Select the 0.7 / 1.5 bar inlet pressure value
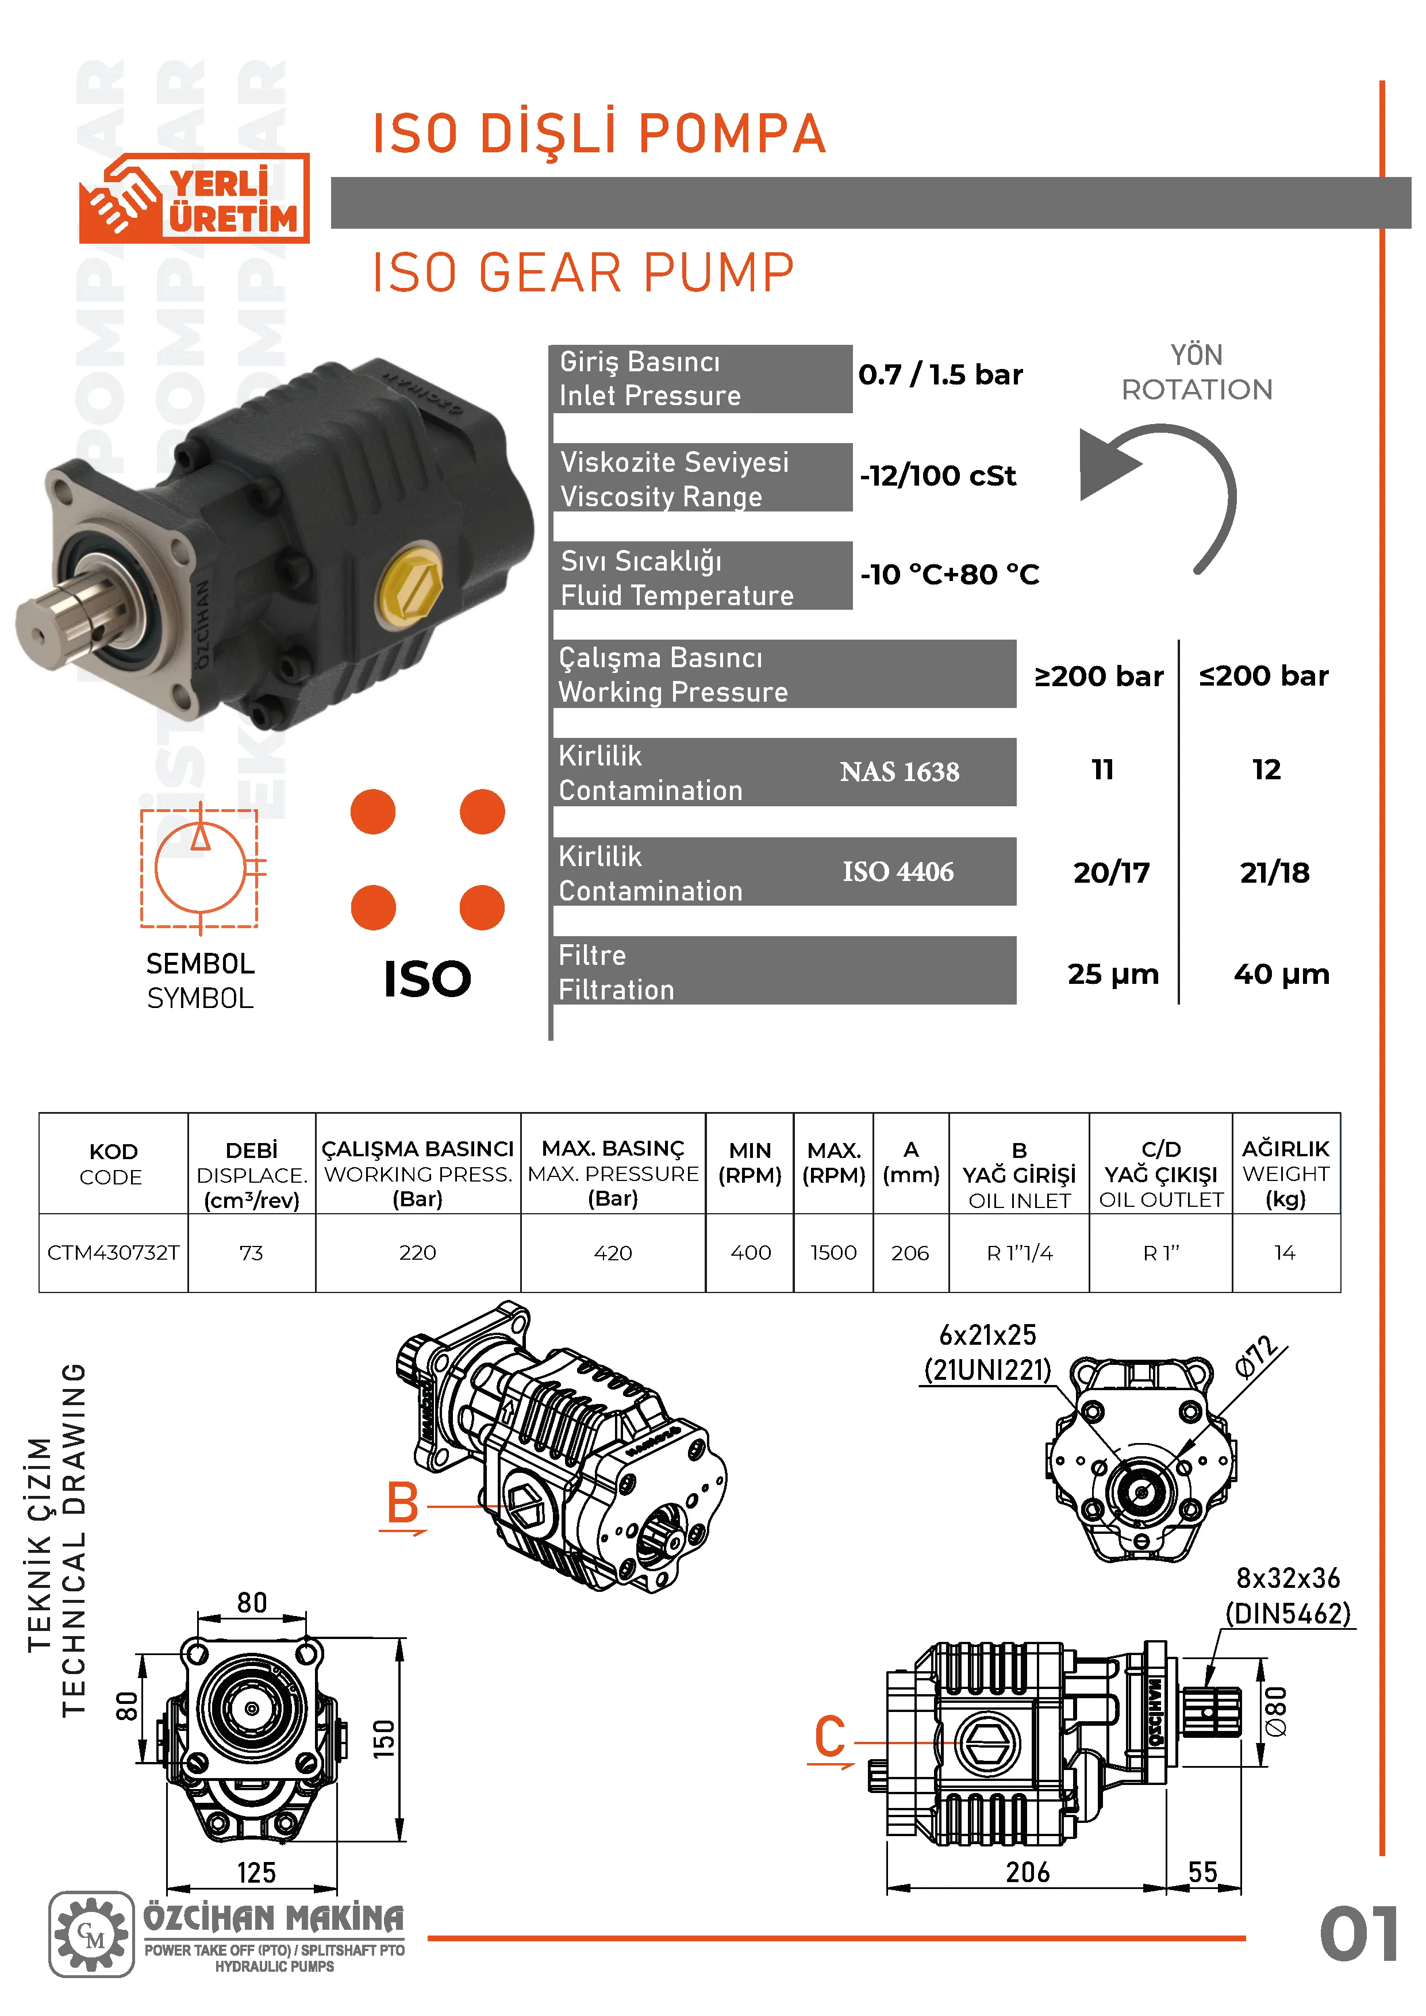coord(940,375)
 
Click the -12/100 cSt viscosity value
coord(938,476)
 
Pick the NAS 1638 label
coord(899,772)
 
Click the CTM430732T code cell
coord(113,1252)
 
